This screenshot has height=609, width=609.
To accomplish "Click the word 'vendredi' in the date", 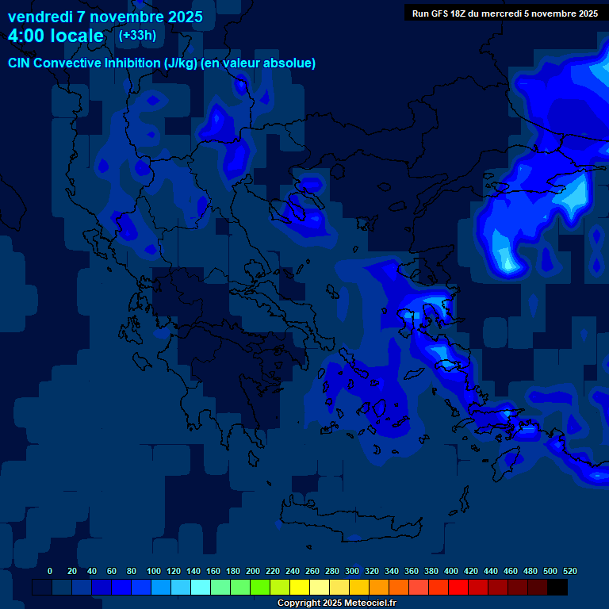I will point(40,17).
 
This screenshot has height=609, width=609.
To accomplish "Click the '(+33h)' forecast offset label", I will point(137,35).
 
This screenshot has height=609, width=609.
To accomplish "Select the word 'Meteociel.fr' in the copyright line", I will point(370,603).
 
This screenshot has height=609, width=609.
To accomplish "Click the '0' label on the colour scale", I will point(50,572).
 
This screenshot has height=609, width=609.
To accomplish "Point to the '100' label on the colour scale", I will point(154,572).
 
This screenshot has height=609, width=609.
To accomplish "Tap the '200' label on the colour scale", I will point(253,572).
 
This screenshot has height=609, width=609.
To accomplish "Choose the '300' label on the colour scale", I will point(352,572).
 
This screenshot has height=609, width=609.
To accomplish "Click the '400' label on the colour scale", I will point(451,572).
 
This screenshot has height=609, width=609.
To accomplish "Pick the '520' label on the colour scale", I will point(570,572).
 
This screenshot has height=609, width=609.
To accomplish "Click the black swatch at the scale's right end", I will point(557,587).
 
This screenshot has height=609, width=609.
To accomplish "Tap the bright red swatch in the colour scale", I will point(458,587).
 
